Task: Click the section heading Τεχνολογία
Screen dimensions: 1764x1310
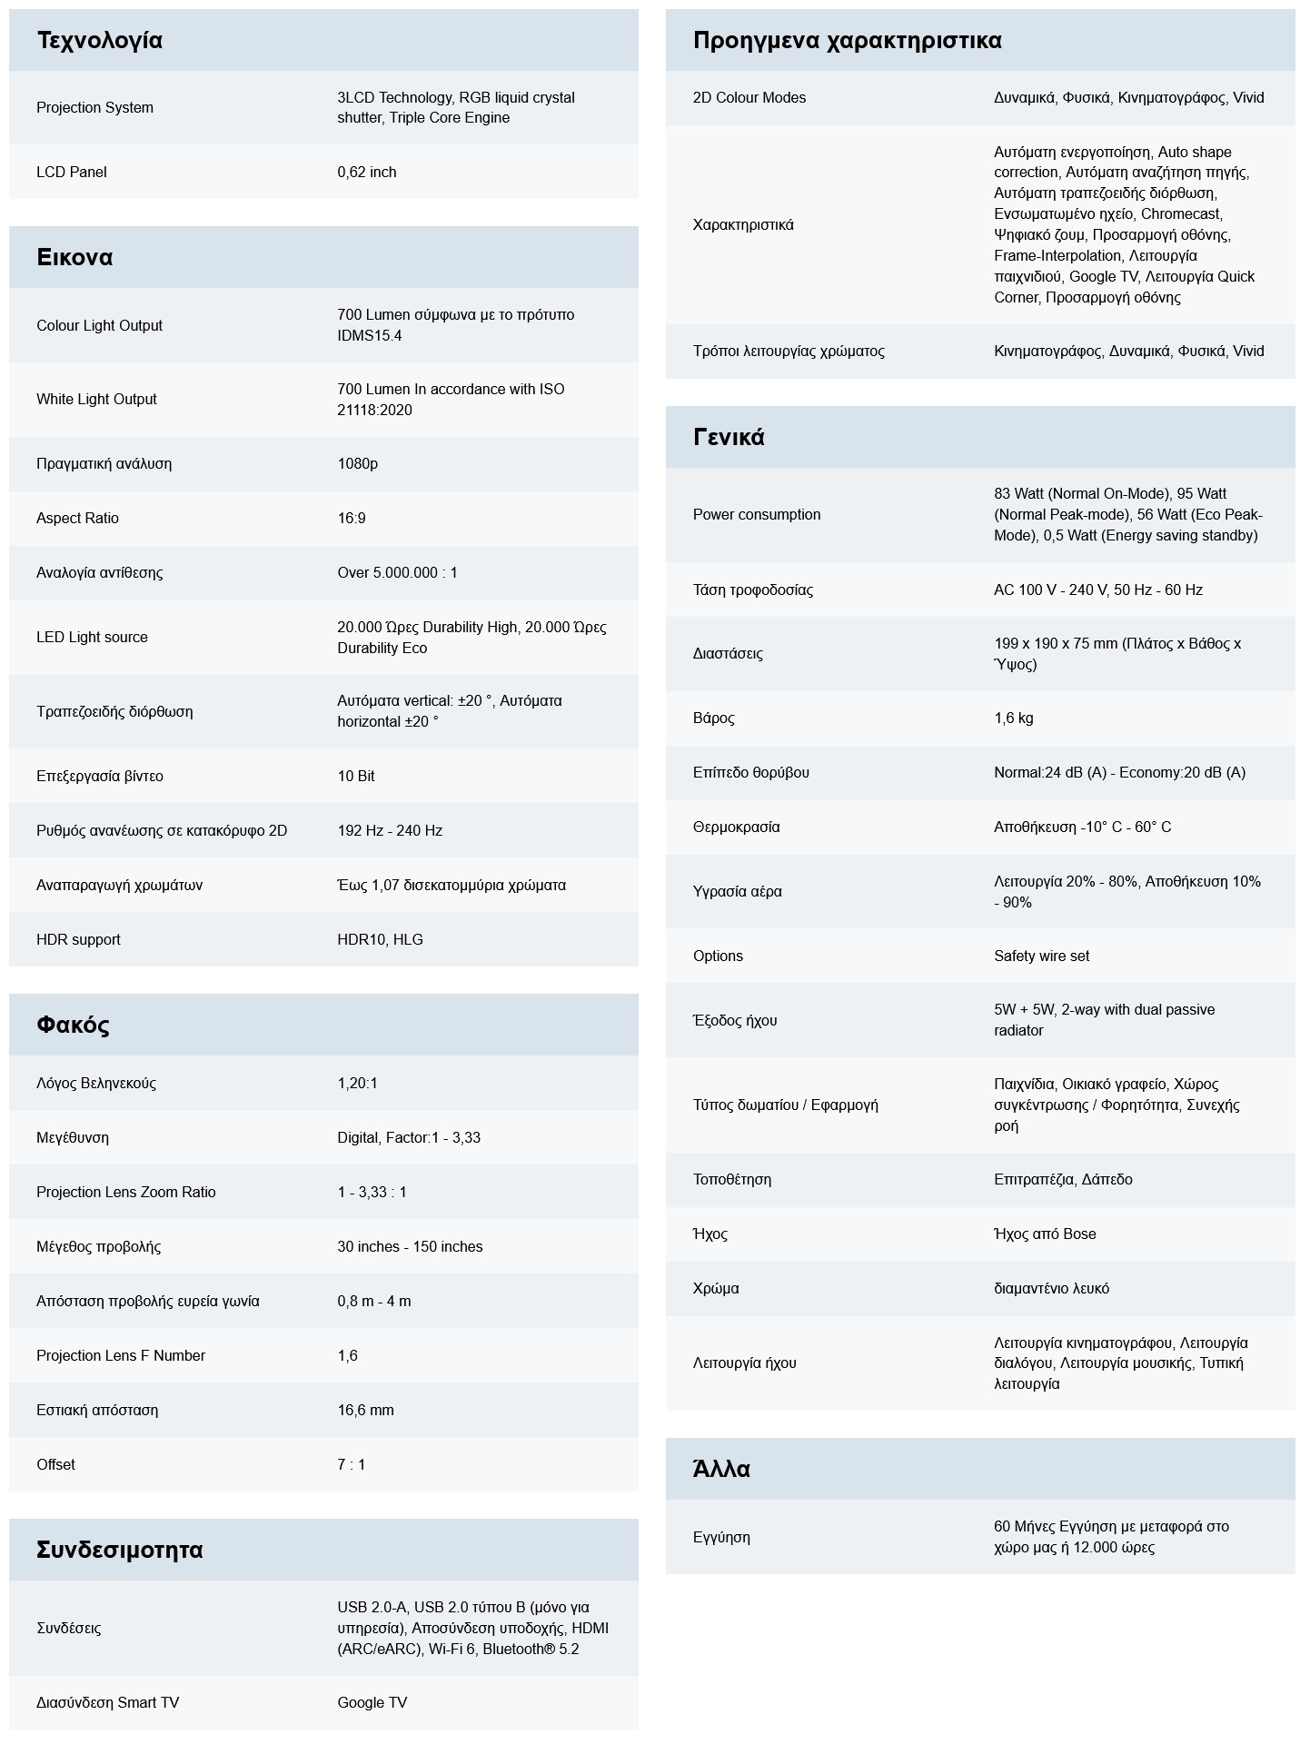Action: [99, 41]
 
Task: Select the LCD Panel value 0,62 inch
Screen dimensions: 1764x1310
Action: [366, 172]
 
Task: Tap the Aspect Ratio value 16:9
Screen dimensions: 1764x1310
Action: [352, 518]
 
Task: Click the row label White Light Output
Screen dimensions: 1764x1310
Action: [96, 399]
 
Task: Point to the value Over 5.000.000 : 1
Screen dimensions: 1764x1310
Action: [397, 572]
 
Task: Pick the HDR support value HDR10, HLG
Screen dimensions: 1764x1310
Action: [380, 939]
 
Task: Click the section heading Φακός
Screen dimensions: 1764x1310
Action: [73, 1026]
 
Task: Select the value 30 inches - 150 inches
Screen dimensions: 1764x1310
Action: [410, 1246]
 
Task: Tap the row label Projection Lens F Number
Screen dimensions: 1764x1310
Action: [121, 1355]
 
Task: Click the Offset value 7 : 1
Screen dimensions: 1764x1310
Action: [351, 1464]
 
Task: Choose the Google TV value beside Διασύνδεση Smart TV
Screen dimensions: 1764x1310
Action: [372, 1702]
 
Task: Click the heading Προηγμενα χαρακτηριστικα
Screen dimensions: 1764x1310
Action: [847, 41]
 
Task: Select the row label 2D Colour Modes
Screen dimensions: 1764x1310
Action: [749, 97]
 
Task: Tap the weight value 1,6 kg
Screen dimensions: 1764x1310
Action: [1013, 718]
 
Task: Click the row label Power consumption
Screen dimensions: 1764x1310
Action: [756, 514]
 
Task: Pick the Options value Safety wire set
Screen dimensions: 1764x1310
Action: [1041, 956]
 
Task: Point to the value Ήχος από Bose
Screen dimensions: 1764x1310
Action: [1045, 1234]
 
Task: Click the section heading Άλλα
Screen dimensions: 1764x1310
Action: [721, 1470]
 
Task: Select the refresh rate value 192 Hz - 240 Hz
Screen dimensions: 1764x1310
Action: [390, 830]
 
